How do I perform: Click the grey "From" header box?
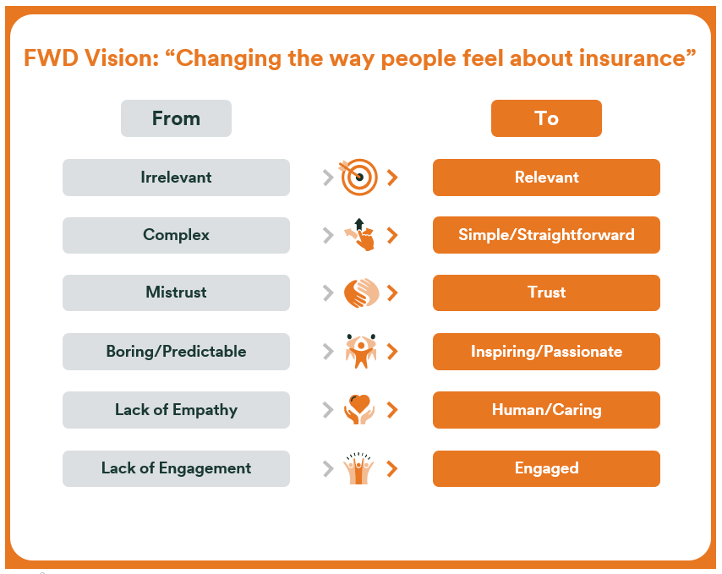[176, 118]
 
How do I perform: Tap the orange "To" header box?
[546, 118]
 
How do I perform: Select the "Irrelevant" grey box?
[176, 178]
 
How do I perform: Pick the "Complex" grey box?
[176, 235]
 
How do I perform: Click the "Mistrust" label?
[176, 292]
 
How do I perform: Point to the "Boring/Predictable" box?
[176, 351]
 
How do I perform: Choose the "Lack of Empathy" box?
[176, 410]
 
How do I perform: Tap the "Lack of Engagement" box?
[176, 468]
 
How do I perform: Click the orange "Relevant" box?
[546, 178]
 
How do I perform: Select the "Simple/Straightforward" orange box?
[546, 235]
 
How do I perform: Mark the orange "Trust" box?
[546, 292]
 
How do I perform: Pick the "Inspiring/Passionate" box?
[546, 351]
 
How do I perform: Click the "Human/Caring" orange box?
[546, 410]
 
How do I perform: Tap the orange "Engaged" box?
[546, 468]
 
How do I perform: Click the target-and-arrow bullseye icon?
[358, 178]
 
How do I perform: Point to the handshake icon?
[362, 292]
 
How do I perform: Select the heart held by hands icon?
[359, 409]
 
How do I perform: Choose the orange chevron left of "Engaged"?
[392, 468]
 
